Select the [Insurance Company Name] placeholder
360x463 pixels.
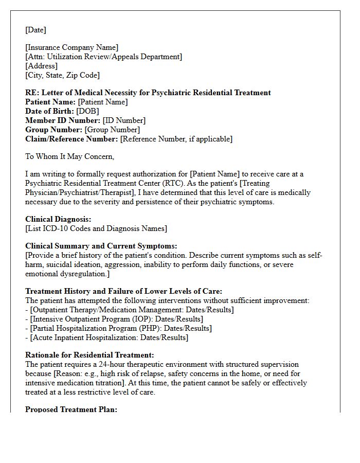tap(72, 47)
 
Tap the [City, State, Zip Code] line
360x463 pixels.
tap(62, 75)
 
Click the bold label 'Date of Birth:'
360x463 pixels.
tap(49, 111)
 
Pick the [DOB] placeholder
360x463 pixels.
tap(87, 111)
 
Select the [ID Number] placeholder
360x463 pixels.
tap(124, 120)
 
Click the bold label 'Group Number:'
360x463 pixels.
tap(53, 130)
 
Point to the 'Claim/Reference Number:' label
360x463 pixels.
tap(71, 139)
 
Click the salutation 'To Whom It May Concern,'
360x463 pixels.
tap(69, 156)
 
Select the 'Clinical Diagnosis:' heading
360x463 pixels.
tap(58, 219)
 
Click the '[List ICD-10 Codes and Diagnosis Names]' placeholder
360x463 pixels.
tap(96, 228)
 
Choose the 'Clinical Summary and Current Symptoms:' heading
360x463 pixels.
tap(101, 246)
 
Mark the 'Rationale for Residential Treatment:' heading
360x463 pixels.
tap(89, 355)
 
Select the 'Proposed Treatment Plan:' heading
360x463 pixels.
tap(71, 409)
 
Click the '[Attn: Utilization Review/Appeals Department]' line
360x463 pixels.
tap(103, 57)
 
